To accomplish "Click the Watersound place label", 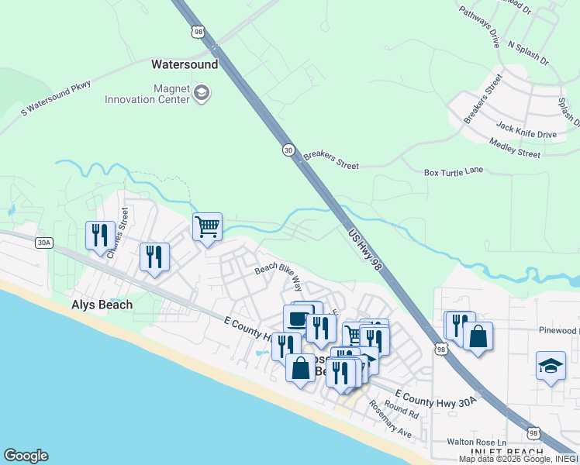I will (x=185, y=65).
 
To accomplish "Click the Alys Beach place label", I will (x=102, y=305).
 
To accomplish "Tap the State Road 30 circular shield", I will (x=288, y=150).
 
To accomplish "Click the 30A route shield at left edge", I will (x=43, y=243).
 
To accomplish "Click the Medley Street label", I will (x=515, y=147).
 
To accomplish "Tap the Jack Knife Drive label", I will (x=526, y=129).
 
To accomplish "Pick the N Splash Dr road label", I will (x=527, y=53).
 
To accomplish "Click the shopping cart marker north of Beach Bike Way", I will (x=207, y=227).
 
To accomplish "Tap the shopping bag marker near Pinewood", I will (x=478, y=336).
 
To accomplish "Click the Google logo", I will (x=26, y=456).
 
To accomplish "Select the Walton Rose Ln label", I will (x=473, y=442).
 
